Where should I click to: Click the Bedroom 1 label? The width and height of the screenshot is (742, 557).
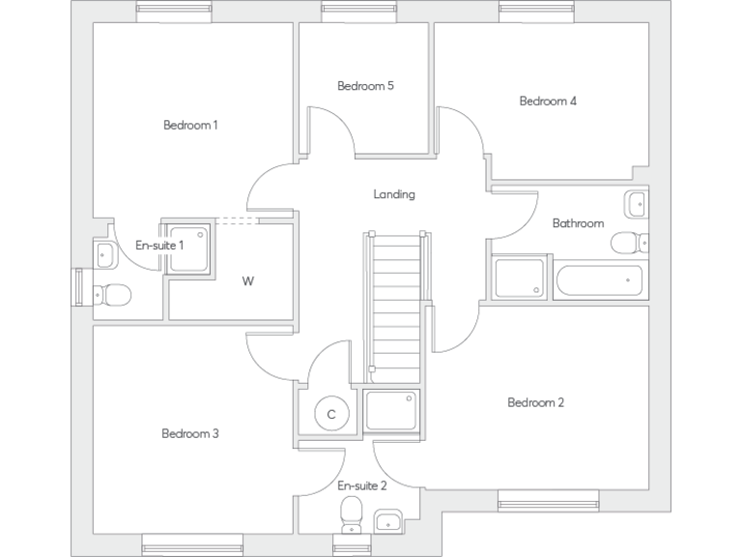pos(190,125)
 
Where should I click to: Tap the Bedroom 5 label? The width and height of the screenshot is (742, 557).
pos(365,86)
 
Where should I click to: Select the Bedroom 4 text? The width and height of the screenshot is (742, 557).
pos(548,101)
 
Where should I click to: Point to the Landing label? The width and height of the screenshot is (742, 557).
pos(394,194)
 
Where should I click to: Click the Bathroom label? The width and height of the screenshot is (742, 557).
pos(578,223)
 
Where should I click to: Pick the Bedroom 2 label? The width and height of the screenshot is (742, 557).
pos(536,402)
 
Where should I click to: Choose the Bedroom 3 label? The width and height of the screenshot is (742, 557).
pos(190,433)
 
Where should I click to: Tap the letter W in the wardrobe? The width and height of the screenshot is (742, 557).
pos(248,281)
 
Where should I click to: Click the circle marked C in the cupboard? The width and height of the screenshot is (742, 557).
pos(331,414)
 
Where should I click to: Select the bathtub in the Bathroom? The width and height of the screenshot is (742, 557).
pos(599,281)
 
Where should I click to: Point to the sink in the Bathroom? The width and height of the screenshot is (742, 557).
pos(637,204)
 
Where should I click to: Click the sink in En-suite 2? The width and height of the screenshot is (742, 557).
pos(387,519)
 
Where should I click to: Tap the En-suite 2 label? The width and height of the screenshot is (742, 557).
pos(362,485)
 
